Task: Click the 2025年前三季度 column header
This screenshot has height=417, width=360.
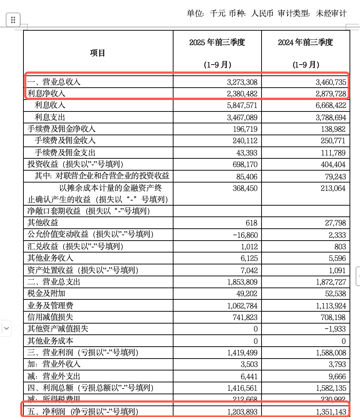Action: click(x=217, y=43)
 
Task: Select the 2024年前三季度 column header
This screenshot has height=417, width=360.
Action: click(x=305, y=43)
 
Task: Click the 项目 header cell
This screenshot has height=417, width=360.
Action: click(x=97, y=53)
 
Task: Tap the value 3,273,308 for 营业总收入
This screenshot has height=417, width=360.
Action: click(x=242, y=82)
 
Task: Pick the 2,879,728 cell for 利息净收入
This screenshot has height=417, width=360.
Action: click(x=330, y=94)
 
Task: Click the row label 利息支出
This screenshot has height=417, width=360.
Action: click(x=50, y=117)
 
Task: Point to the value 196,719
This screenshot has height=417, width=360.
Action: click(x=245, y=129)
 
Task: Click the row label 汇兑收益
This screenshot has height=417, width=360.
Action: click(x=45, y=247)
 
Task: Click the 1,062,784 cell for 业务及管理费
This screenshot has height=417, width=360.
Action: click(x=242, y=306)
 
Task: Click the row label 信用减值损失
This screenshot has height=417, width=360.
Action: click(x=50, y=317)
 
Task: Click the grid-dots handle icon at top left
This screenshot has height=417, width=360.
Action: click(x=13, y=20)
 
